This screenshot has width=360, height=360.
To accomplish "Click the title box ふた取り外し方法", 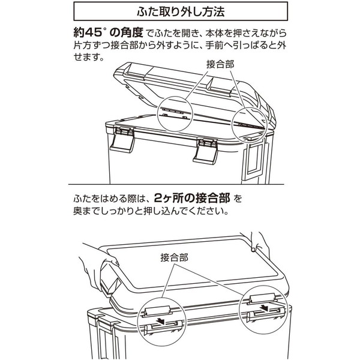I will [x=179, y=12].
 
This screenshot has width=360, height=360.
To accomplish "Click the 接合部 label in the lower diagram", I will [x=175, y=257].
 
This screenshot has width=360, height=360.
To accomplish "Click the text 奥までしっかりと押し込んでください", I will [x=151, y=211].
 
